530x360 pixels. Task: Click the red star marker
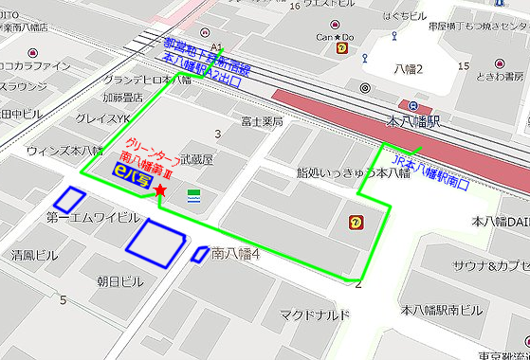(x=159, y=191)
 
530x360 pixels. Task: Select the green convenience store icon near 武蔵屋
(x=194, y=195)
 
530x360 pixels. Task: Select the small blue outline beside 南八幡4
(x=199, y=253)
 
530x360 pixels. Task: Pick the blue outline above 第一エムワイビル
(x=68, y=199)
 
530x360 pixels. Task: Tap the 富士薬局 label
(x=263, y=121)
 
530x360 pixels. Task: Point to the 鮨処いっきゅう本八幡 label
(x=339, y=173)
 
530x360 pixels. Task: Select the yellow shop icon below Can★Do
(x=341, y=57)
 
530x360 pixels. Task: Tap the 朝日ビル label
(x=119, y=281)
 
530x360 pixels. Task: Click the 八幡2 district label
(x=410, y=69)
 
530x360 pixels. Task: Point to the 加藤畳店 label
(x=122, y=97)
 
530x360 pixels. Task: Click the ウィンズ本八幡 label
(x=64, y=151)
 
